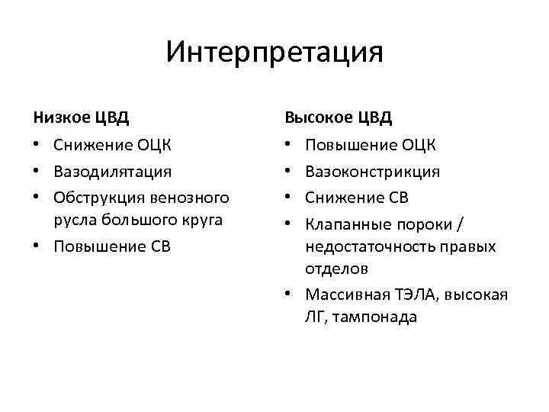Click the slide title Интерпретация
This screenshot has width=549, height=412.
pyautogui.click(x=274, y=53)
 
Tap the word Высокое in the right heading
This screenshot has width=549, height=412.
pyautogui.click(x=315, y=117)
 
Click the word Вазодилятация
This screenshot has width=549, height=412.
pyautogui.click(x=112, y=171)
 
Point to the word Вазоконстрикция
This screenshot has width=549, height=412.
pyautogui.click(x=372, y=171)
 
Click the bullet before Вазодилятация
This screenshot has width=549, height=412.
pyautogui.click(x=37, y=172)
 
